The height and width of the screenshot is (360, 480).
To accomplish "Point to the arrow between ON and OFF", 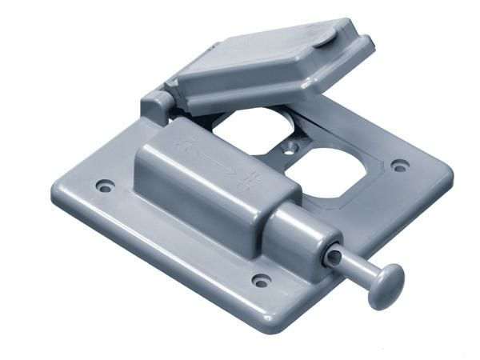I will coord(214,164).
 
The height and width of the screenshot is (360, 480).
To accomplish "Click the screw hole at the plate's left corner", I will coord(104,186).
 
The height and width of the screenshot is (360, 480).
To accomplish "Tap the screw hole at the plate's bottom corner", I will coord(261,281).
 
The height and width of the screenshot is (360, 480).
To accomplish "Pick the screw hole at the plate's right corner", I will coord(400,166).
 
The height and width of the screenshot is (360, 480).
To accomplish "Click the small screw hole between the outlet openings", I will coord(291,146).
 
